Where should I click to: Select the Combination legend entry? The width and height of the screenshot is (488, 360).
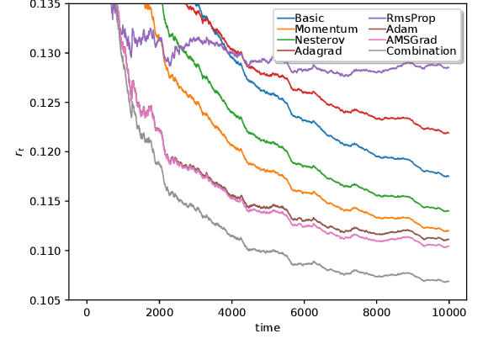pyautogui.click(x=421, y=50)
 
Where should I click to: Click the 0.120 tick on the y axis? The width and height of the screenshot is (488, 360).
pyautogui.click(x=46, y=152)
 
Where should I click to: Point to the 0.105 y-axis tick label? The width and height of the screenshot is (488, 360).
pyautogui.click(x=46, y=300)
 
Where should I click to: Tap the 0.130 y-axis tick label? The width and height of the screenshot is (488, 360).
pyautogui.click(x=46, y=53)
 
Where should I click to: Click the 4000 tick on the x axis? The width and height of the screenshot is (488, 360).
pyautogui.click(x=231, y=313)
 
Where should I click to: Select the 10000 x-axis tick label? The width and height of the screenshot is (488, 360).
pyautogui.click(x=448, y=313)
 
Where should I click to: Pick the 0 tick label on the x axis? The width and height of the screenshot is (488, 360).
pyautogui.click(x=86, y=313)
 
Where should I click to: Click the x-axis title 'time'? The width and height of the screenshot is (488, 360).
pyautogui.click(x=268, y=328)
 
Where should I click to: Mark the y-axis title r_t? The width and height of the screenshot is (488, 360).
pyautogui.click(x=18, y=151)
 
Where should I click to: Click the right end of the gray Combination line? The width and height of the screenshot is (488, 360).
pyautogui.click(x=448, y=281)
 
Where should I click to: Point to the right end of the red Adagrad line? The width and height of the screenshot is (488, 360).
pyautogui.click(x=448, y=133)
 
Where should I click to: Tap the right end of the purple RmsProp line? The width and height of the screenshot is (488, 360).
pyautogui.click(x=448, y=67)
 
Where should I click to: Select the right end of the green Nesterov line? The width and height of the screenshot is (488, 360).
pyautogui.click(x=448, y=210)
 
